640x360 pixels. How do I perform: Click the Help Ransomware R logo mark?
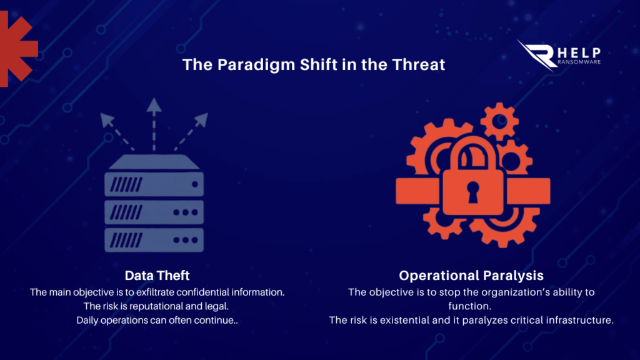537,55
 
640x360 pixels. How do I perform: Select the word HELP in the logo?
579,52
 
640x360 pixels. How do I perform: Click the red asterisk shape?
16,49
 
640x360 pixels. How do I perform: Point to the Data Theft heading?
157,276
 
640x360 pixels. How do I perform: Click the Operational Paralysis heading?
471,276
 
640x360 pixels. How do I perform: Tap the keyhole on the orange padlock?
472,192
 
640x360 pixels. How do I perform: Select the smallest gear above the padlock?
499,121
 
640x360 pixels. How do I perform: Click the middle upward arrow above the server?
154,124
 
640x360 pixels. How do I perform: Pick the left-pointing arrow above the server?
117,132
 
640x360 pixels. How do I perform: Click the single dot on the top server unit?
195,184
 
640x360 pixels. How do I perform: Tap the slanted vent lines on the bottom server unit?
126,240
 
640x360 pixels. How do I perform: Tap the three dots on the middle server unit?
186,212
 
